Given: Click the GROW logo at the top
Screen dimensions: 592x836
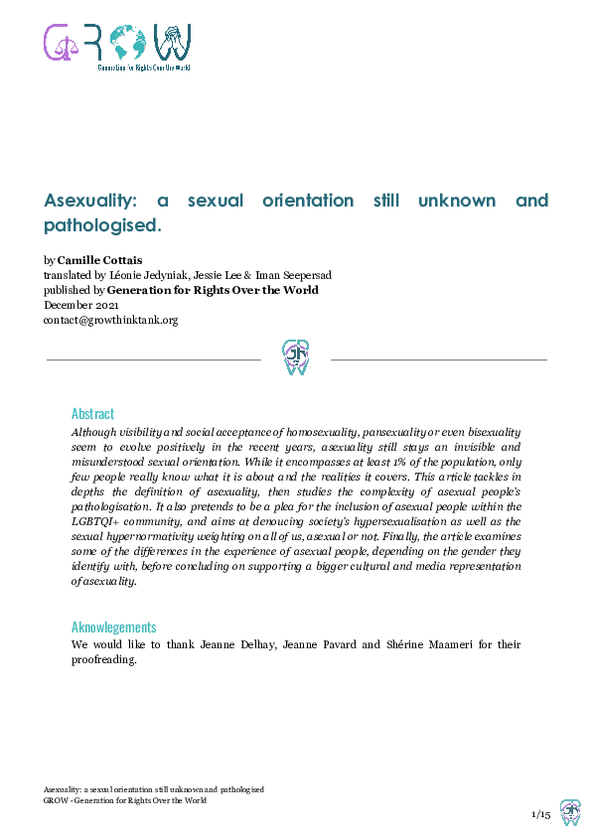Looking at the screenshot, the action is click(x=117, y=46).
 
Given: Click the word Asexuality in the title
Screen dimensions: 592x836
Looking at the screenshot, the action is click(x=93, y=201).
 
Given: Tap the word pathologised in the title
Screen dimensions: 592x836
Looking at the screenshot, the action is click(x=100, y=225).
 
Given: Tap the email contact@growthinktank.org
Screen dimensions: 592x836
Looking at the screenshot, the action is click(x=110, y=321).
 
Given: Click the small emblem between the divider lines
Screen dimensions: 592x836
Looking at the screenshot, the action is click(x=296, y=356).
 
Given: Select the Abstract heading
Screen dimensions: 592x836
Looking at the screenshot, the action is click(x=92, y=413).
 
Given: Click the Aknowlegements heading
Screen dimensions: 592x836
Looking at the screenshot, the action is click(x=113, y=627).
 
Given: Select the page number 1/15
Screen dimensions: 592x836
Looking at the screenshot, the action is click(x=541, y=814).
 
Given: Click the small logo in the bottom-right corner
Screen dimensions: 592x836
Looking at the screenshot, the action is click(x=570, y=812).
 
